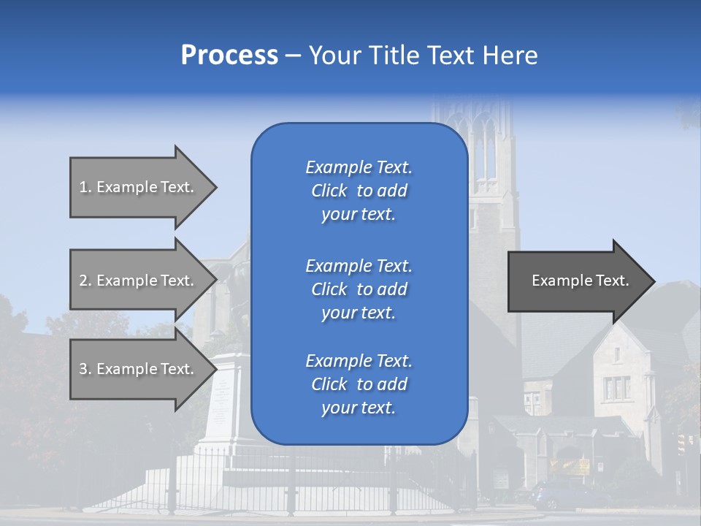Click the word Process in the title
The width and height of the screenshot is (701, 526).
click(x=229, y=56)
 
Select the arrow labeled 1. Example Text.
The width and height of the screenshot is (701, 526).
click(x=139, y=187)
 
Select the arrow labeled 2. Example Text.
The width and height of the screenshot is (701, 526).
click(x=139, y=281)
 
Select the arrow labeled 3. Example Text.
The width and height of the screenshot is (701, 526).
click(x=139, y=369)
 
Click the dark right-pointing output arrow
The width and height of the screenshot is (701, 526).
click(x=577, y=281)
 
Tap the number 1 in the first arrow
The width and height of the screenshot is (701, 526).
click(x=83, y=187)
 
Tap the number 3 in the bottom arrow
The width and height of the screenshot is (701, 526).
click(x=83, y=369)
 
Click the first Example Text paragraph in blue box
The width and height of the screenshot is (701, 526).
click(x=359, y=191)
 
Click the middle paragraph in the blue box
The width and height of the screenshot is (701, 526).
click(x=359, y=289)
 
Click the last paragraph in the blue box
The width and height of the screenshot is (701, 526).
click(x=359, y=384)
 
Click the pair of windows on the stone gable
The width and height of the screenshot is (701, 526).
click(x=616, y=388)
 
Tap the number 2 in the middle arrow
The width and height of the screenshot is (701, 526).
click(x=83, y=281)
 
